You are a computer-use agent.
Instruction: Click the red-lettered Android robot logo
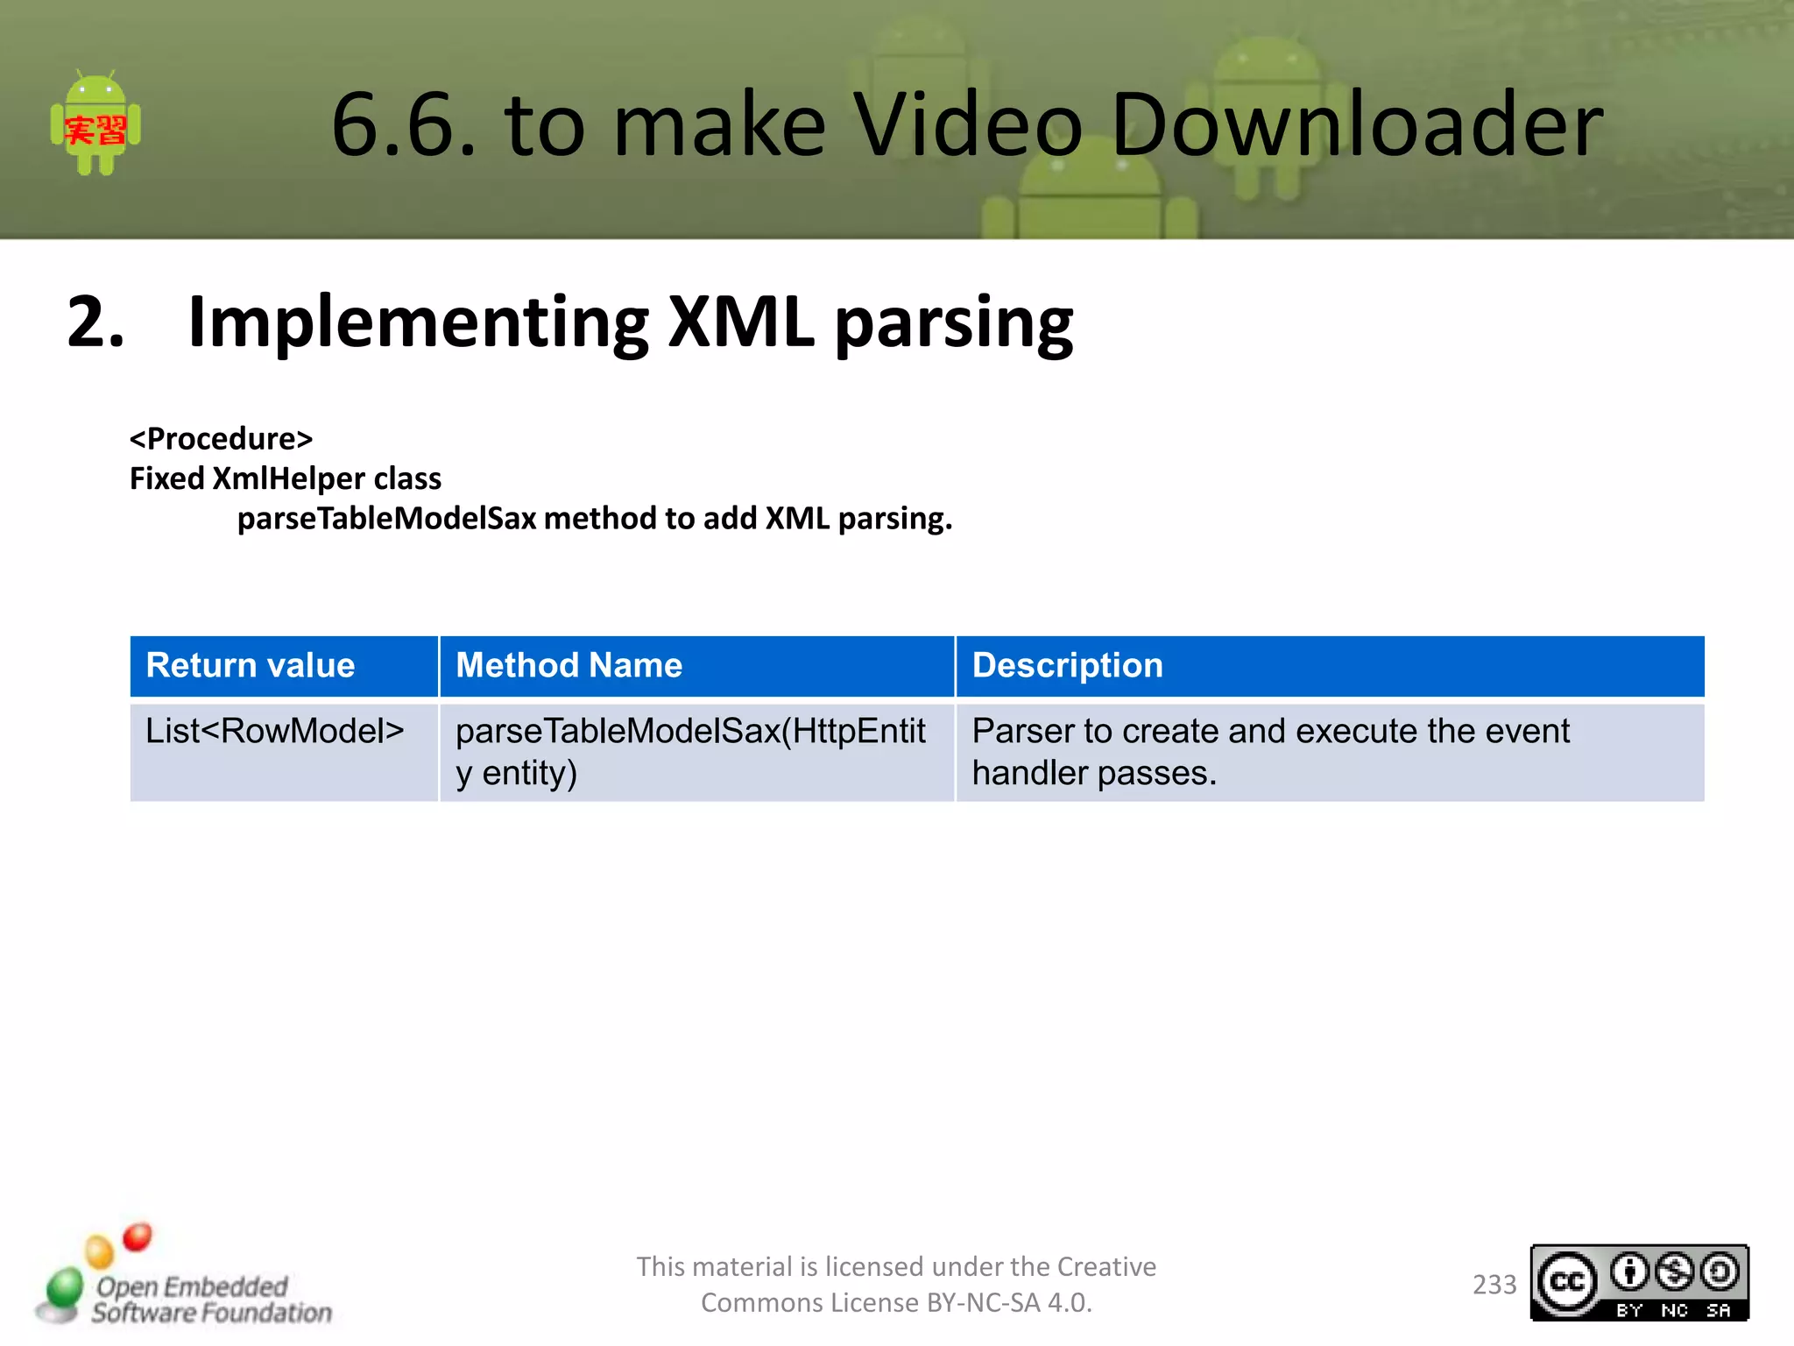[95, 124]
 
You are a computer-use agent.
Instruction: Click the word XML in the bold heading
[740, 322]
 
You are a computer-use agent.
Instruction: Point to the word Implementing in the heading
[419, 322]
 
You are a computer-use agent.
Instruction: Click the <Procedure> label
[221, 438]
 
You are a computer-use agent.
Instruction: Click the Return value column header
[251, 665]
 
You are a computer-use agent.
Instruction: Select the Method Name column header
[569, 665]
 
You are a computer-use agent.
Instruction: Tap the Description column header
[1067, 665]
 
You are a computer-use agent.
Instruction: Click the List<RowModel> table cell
[274, 731]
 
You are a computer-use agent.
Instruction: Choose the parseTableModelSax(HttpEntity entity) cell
[690, 751]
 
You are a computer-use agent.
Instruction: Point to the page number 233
[1494, 1284]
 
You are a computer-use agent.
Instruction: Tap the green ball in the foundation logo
[64, 1287]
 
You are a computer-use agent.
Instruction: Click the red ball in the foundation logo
[138, 1236]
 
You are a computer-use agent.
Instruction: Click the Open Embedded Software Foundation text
[210, 1299]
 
